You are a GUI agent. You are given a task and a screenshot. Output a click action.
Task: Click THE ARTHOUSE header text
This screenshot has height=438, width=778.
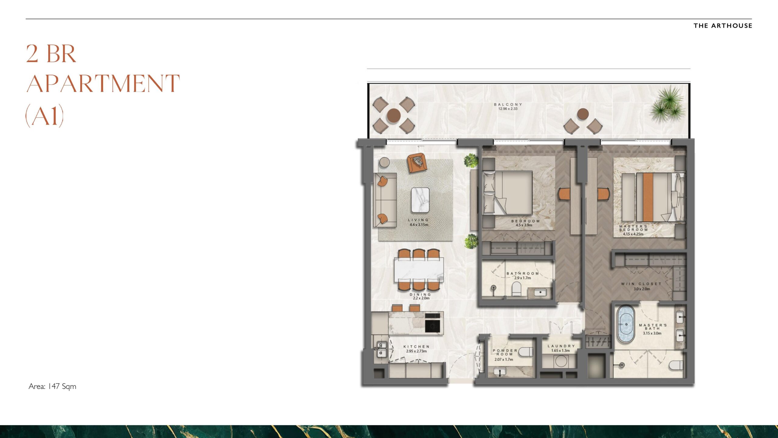[x=722, y=26]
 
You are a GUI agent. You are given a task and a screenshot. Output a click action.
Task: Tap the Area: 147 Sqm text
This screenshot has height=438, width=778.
[x=52, y=386]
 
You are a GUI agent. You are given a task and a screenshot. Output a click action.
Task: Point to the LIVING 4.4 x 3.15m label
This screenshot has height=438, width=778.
[x=418, y=222]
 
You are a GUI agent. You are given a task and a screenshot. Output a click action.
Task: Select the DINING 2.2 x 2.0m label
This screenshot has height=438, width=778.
[x=420, y=296]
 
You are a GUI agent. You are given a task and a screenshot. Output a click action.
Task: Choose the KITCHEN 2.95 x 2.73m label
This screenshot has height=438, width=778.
[x=416, y=349]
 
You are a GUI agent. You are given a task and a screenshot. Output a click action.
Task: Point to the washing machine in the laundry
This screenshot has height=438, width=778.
[x=560, y=362]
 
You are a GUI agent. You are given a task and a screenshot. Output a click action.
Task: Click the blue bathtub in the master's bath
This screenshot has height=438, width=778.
[x=626, y=325]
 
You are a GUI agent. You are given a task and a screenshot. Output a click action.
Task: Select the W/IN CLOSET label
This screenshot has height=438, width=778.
[x=641, y=286]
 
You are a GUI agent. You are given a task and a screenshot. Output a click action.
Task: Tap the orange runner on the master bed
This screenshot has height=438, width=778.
[x=648, y=197]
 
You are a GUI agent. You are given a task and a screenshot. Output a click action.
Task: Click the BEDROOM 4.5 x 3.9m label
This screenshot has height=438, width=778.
[x=525, y=223]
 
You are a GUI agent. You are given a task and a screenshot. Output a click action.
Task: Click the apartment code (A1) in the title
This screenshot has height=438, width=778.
[x=45, y=116]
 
